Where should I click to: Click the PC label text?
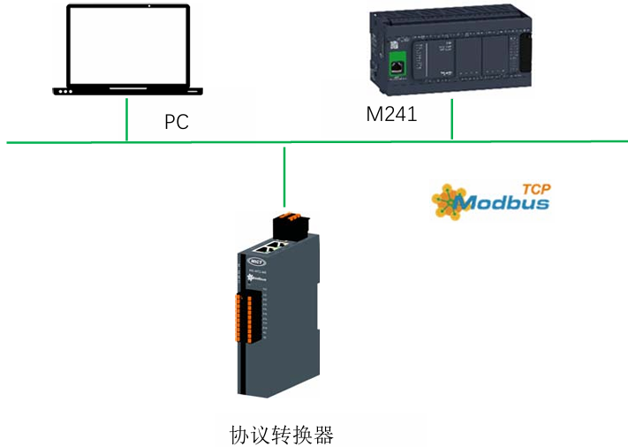[177, 122]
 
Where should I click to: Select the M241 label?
[391, 115]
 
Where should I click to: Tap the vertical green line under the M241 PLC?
[451, 119]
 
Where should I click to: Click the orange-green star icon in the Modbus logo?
[448, 201]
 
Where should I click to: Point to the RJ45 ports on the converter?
[276, 249]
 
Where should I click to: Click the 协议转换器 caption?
[281, 435]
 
